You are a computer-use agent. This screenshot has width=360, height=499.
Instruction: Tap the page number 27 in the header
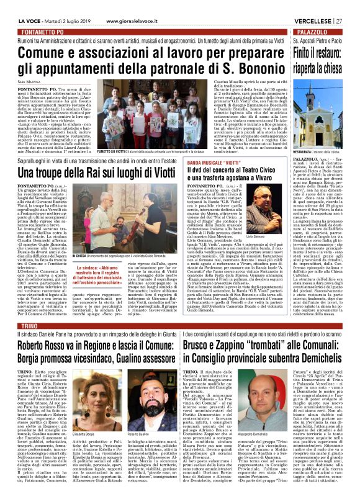[353, 6]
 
